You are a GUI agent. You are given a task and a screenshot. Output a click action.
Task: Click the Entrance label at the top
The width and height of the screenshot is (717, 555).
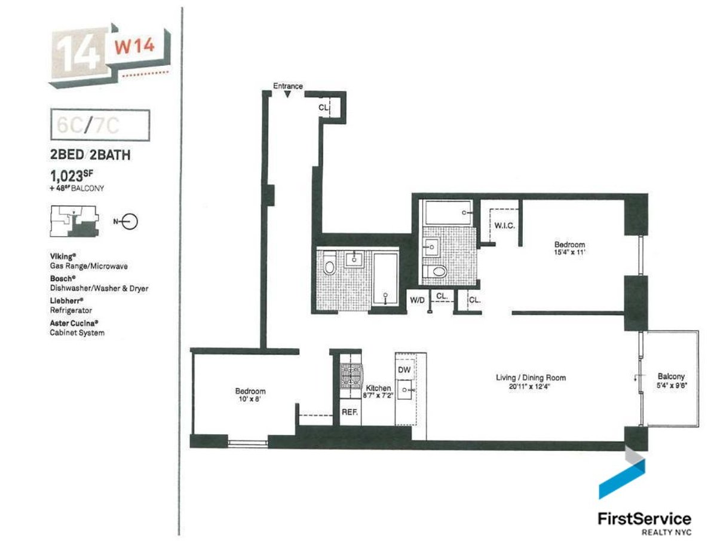coord(287,86)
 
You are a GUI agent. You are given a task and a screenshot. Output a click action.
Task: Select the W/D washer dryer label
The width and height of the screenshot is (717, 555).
coord(416,300)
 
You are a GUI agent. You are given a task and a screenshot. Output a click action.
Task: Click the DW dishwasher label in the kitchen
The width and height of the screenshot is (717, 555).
coord(404,370)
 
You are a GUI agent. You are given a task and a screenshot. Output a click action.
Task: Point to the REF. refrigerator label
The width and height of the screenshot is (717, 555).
coord(349,412)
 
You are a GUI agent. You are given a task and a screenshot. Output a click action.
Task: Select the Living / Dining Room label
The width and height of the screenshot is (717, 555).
coord(531,378)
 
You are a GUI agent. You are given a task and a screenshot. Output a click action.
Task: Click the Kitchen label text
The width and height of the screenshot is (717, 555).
coord(378,388)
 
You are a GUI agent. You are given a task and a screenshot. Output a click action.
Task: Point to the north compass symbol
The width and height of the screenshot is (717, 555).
coord(130,222)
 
